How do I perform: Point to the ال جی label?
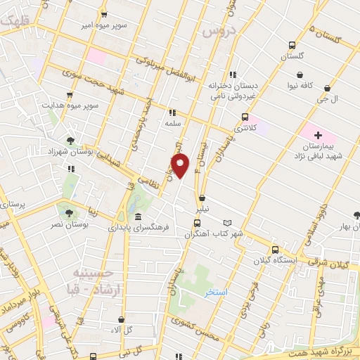click(x=328, y=99)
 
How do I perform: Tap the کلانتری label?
click(x=245, y=129)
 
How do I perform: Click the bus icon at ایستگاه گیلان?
click(x=275, y=249)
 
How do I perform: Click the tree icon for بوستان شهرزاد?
click(x=70, y=141)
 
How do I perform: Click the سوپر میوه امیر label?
click(x=122, y=25)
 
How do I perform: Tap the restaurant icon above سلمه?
click(x=172, y=111)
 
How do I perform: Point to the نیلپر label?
click(x=202, y=210)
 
